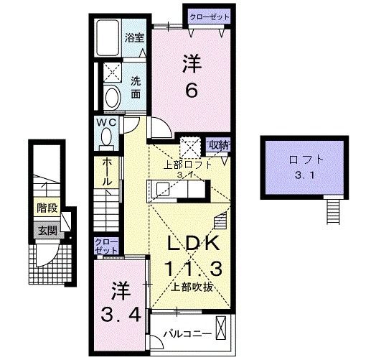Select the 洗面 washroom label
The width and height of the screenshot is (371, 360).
(135, 87)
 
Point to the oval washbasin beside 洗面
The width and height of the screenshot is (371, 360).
(112, 97)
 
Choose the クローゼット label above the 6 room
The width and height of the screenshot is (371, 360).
(210, 16)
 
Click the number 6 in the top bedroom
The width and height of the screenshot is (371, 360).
(192, 91)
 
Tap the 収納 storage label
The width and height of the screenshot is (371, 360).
(218, 144)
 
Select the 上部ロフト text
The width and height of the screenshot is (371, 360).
(188, 163)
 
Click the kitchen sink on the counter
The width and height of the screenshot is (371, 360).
(161, 190)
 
